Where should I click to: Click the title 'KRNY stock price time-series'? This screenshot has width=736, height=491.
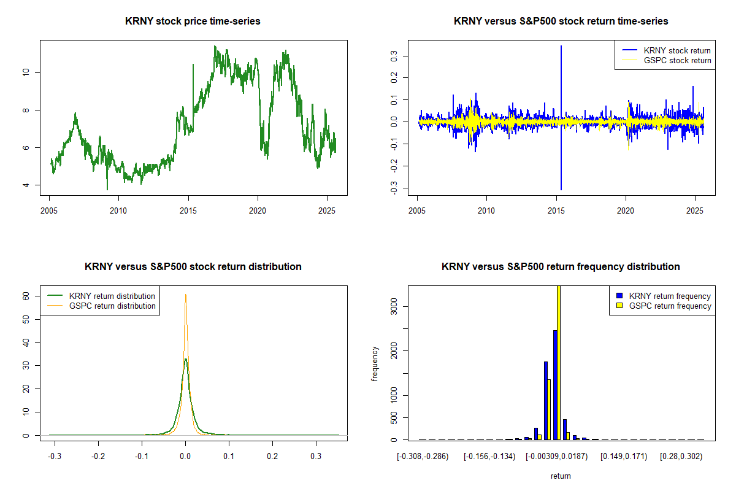click(193, 21)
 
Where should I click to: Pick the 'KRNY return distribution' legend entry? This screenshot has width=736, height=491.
click(112, 296)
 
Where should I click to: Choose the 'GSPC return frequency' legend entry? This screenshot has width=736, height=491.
click(670, 306)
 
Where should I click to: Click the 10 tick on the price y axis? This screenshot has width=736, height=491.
click(25, 72)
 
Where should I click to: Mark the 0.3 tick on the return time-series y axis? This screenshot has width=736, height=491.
click(393, 56)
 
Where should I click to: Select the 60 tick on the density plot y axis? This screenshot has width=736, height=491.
click(25, 295)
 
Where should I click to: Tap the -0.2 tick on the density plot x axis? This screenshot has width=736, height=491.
click(98, 457)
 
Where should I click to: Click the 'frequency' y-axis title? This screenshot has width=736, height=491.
click(375, 363)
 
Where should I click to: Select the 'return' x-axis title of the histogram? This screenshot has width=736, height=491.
click(561, 476)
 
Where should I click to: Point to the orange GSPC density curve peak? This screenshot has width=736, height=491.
click(186, 296)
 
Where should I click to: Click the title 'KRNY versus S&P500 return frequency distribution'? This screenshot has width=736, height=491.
click(561, 267)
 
